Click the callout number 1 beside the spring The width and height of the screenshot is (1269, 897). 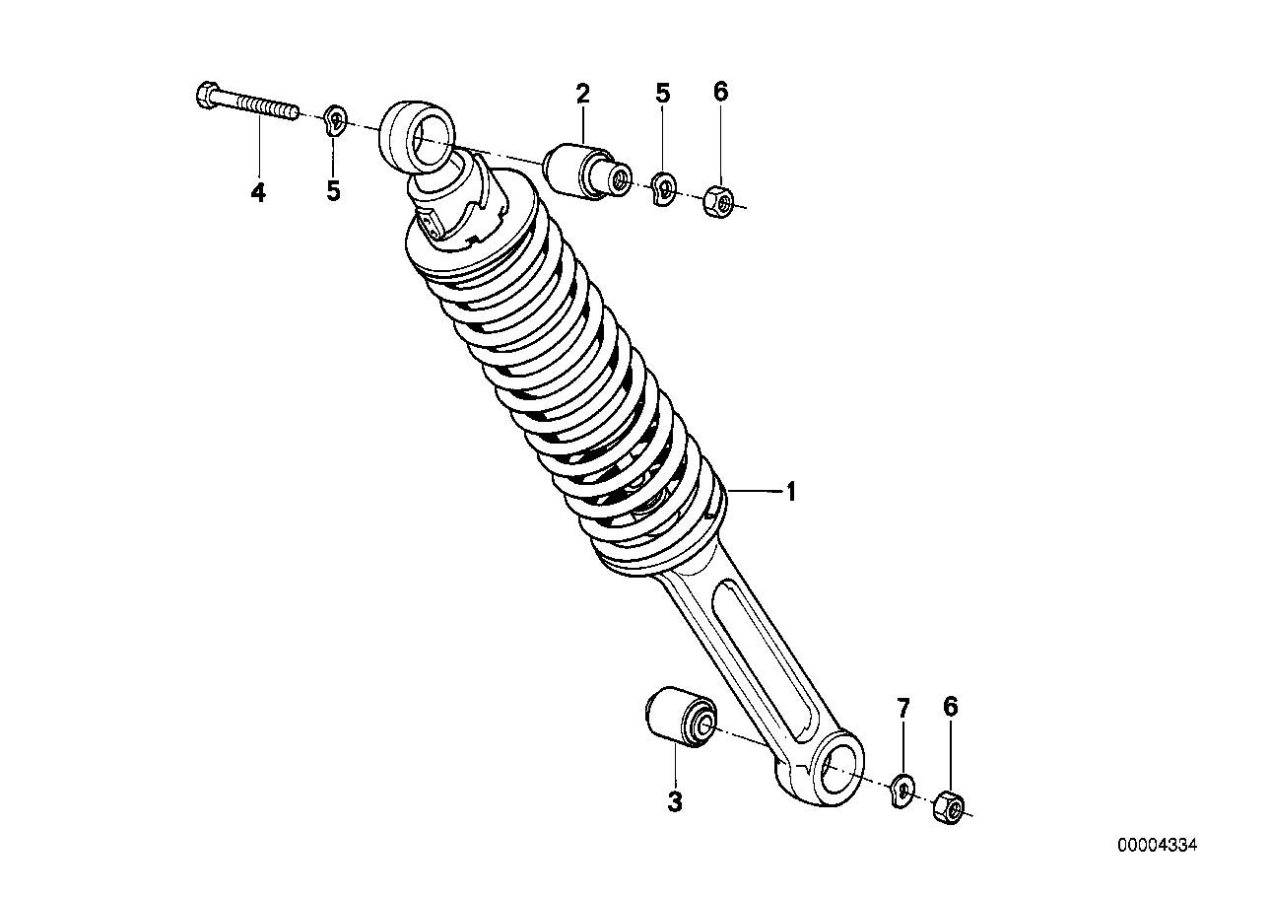789,492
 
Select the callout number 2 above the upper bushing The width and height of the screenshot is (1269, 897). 582,94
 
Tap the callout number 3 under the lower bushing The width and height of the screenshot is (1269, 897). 674,802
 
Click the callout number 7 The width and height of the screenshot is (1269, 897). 902,708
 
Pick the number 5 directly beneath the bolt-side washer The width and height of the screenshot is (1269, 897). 333,191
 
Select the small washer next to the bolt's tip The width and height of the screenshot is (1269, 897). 334,121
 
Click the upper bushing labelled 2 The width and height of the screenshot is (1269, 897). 581,170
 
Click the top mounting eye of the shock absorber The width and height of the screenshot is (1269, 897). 418,137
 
